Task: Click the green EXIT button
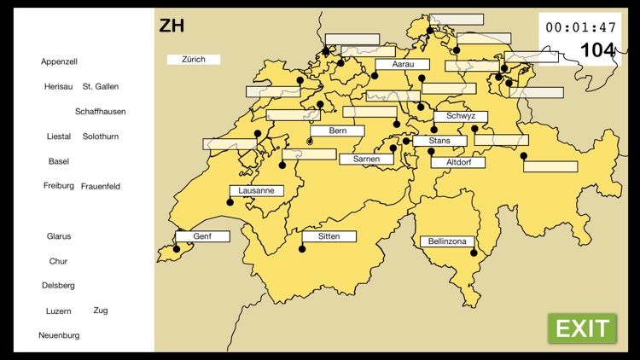[582, 328]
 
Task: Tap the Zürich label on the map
[194, 60]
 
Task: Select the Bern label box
[337, 131]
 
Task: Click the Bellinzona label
[447, 242]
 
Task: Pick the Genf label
[202, 236]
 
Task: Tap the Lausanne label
[256, 191]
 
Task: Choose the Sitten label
[329, 236]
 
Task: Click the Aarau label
[402, 64]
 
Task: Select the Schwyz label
[461, 117]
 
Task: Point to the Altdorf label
[458, 162]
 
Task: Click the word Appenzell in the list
[59, 61]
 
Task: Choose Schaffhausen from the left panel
[100, 112]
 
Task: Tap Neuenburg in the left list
[59, 335]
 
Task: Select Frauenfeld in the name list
[101, 186]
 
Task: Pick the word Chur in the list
[58, 261]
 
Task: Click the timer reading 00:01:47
[580, 27]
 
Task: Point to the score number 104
[597, 50]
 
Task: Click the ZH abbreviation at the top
[172, 26]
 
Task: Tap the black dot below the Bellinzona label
[474, 253]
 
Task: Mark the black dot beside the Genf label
[177, 249]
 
